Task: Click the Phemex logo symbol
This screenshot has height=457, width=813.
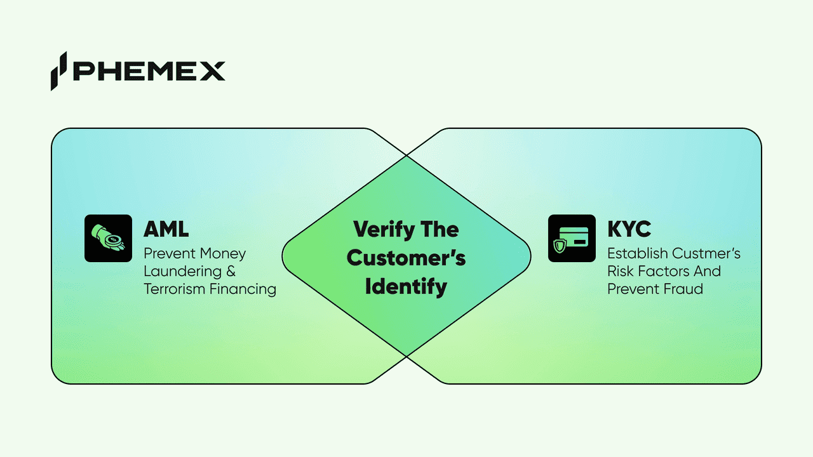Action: click(59, 70)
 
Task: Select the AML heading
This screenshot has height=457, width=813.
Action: click(166, 228)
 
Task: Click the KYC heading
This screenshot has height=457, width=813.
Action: click(629, 228)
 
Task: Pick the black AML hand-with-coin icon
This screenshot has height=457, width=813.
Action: click(108, 239)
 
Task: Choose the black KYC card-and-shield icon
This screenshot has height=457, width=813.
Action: click(572, 239)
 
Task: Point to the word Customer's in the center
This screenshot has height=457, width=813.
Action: click(406, 258)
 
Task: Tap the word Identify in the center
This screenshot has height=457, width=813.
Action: click(406, 287)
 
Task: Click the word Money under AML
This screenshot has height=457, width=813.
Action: click(223, 254)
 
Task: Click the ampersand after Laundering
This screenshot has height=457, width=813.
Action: click(230, 272)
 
